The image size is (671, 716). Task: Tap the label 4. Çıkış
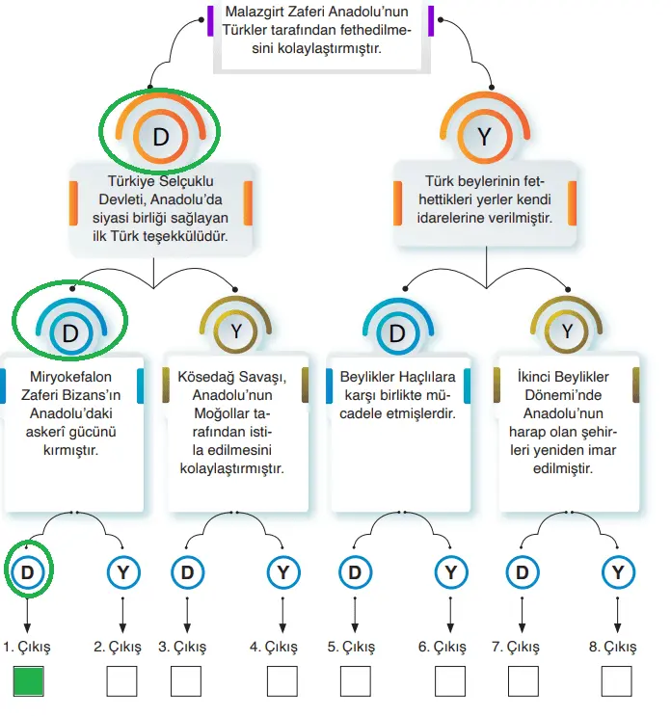[273, 647]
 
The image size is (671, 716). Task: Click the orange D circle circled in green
[161, 137]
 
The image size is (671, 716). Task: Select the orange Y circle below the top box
[484, 137]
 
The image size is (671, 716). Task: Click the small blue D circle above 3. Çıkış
[187, 572]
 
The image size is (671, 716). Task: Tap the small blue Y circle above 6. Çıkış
[449, 572]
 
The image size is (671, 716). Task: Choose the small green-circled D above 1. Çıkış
[28, 572]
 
